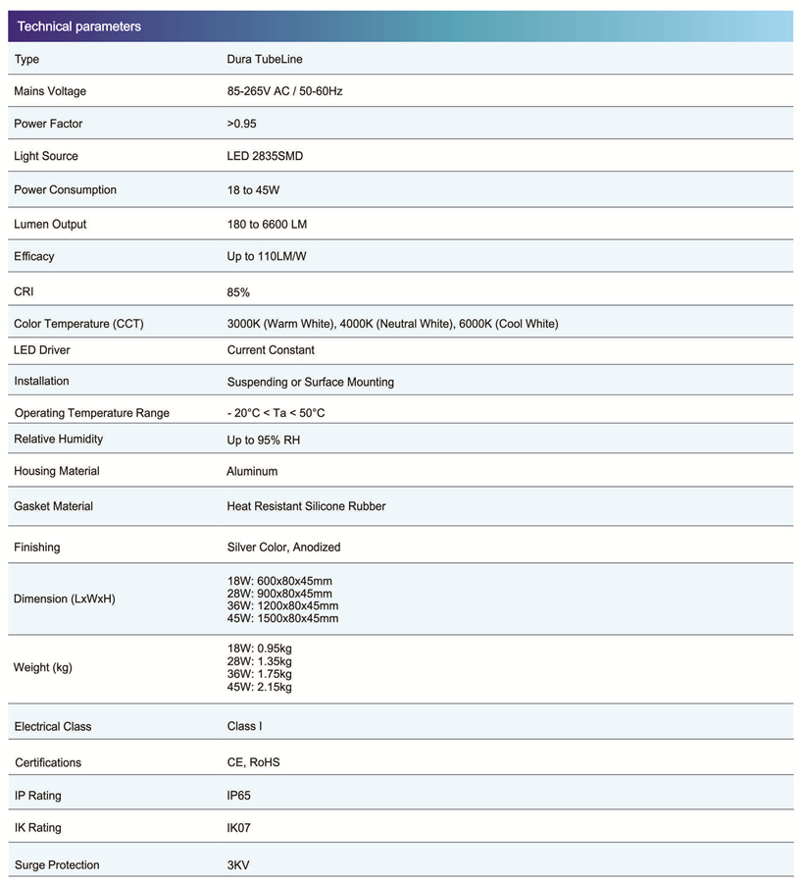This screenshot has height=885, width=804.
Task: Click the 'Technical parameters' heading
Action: (79, 26)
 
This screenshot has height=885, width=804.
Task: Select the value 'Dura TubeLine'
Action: (265, 59)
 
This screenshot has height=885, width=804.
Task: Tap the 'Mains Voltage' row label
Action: (50, 91)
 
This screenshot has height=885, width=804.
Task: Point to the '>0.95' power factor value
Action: (241, 124)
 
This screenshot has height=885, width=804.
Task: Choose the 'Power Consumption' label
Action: (65, 189)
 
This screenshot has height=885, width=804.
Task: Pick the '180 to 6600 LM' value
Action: (267, 224)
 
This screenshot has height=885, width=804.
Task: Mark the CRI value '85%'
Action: (238, 292)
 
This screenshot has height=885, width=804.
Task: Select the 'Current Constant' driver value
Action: (271, 350)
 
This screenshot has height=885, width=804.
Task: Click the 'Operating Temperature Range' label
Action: (91, 413)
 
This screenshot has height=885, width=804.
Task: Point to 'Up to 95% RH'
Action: (264, 440)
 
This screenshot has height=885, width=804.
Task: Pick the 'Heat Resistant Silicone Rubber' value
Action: (306, 506)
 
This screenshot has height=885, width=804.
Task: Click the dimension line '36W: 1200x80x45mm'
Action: (282, 606)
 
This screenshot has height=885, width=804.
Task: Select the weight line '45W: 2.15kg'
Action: (259, 687)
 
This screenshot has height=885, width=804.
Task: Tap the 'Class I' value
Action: (244, 726)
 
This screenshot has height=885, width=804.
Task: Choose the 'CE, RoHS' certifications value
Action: (253, 762)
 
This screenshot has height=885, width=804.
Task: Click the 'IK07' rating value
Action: (238, 828)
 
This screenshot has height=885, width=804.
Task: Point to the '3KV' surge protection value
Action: (237, 864)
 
